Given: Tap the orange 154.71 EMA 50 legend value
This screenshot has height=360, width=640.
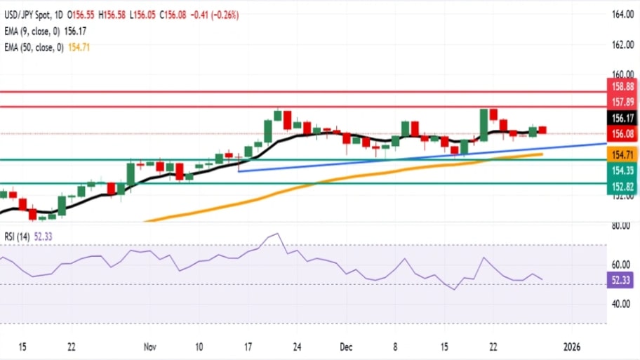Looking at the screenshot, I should point(79,47).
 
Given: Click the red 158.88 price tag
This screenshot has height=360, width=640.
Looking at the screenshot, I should point(620,87).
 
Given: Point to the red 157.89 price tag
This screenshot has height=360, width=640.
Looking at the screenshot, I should point(620,102).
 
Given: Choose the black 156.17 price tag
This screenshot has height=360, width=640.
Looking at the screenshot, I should point(620,119).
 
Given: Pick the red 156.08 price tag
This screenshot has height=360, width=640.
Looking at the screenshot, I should point(620,133).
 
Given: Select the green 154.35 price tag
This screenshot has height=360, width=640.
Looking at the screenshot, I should point(620,169).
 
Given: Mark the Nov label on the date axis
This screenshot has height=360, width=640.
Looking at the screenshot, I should point(149,347).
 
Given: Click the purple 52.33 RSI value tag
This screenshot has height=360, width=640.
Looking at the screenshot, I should point(620,280).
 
